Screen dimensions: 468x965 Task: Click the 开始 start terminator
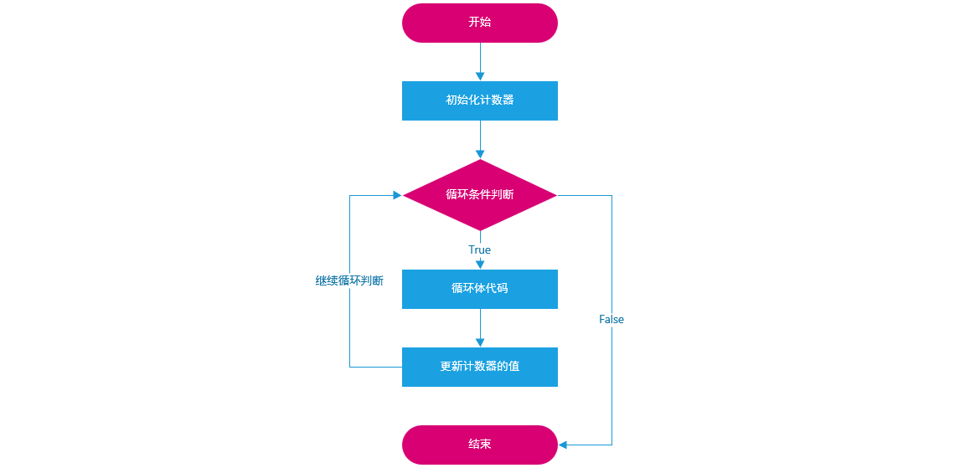point(479,23)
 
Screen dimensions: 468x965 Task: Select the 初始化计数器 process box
point(479,100)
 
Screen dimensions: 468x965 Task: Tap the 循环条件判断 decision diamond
point(479,195)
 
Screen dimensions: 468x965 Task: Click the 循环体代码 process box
point(479,289)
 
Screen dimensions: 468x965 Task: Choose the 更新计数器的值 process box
point(479,367)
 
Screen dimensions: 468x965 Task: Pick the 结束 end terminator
point(479,445)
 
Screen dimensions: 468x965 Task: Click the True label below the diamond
point(479,249)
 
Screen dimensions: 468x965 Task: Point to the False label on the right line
point(612,320)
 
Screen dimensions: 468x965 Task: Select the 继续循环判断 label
point(349,281)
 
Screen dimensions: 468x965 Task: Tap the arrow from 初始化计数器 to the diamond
point(480,138)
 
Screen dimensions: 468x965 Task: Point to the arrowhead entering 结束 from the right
point(563,445)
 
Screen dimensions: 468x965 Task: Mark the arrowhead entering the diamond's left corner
point(398,195)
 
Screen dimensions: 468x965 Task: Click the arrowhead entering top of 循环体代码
point(480,265)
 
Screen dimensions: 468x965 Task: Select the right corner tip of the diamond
point(555,195)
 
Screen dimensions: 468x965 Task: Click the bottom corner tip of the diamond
point(480,229)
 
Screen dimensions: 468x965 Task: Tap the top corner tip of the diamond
point(480,161)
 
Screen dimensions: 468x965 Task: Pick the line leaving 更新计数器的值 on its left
point(375,367)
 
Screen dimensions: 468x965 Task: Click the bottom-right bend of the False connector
point(612,445)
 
